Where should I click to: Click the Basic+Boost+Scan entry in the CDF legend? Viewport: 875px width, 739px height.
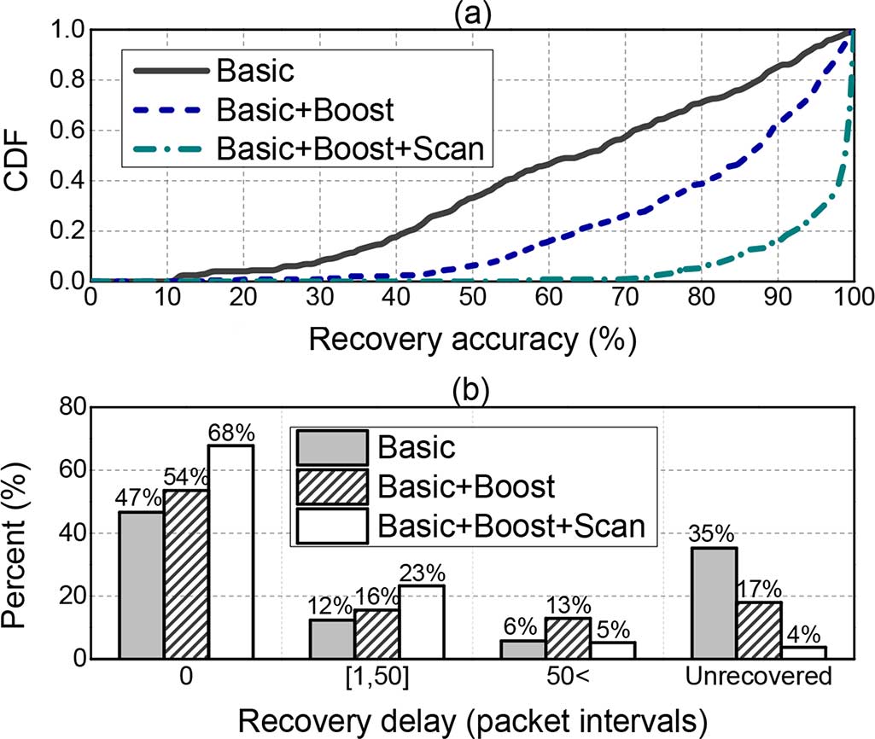(x=351, y=148)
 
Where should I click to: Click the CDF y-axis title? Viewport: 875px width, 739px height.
(x=25, y=156)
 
